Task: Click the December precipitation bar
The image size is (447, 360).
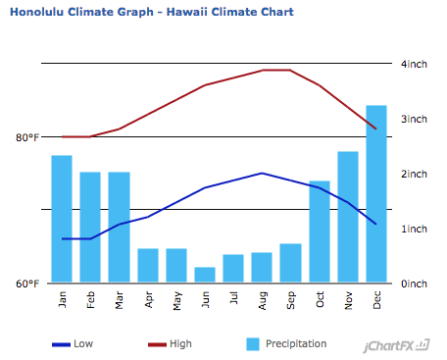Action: pyautogui.click(x=376, y=193)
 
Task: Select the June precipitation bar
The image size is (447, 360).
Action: pyautogui.click(x=205, y=275)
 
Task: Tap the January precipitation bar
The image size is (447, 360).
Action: pyautogui.click(x=62, y=219)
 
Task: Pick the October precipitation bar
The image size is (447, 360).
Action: pyautogui.click(x=320, y=231)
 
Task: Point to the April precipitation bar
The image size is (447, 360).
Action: pyautogui.click(x=148, y=266)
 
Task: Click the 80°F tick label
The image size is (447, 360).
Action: pyautogui.click(x=27, y=137)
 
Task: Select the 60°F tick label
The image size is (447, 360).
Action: pyautogui.click(x=27, y=283)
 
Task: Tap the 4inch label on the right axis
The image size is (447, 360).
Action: pyautogui.click(x=414, y=64)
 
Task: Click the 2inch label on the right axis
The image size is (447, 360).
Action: pyautogui.click(x=414, y=174)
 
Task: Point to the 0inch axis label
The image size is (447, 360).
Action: pyautogui.click(x=414, y=283)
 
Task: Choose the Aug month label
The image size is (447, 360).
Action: pyautogui.click(x=263, y=300)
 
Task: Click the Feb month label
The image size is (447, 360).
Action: pyautogui.click(x=90, y=300)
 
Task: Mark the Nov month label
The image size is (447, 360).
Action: pyautogui.click(x=348, y=300)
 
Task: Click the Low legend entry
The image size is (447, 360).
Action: pyautogui.click(x=73, y=344)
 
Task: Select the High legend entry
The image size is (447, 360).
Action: pyautogui.click(x=170, y=344)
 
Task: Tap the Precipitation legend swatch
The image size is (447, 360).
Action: pyautogui.click(x=253, y=344)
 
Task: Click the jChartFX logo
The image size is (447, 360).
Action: pyautogui.click(x=396, y=345)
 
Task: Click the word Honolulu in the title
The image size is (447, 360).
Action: pyautogui.click(x=36, y=12)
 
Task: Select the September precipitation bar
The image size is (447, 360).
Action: pyautogui.click(x=290, y=263)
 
